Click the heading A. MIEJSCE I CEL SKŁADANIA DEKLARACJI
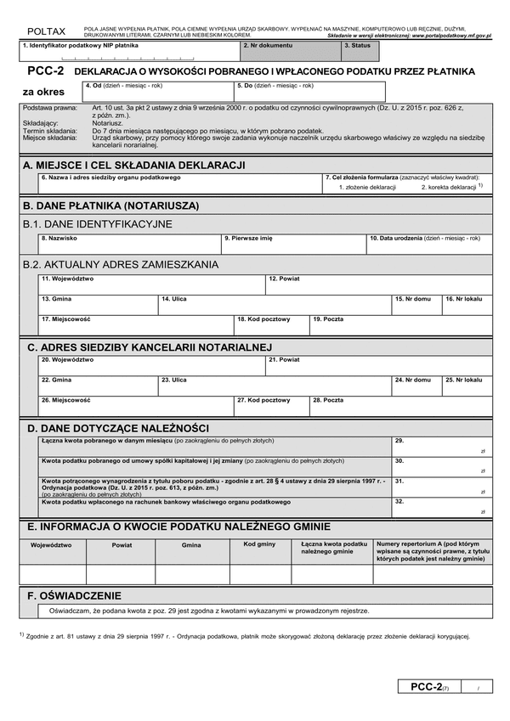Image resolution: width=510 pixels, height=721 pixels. click(x=134, y=164)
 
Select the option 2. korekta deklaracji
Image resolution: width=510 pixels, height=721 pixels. click(x=450, y=187)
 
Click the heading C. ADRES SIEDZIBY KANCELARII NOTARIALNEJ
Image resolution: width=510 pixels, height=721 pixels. click(x=149, y=346)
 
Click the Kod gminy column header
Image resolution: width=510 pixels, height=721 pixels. click(x=260, y=544)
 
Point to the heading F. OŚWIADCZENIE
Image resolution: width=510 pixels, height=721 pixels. click(x=75, y=596)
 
